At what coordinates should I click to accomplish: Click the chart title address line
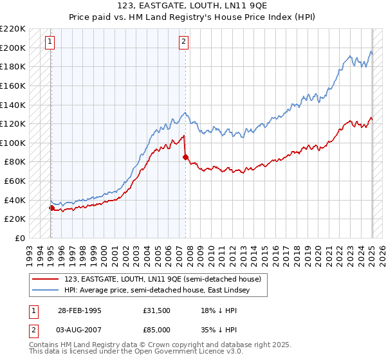click(192, 6)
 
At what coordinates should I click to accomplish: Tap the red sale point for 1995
click(51, 208)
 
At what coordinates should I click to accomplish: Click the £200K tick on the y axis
click(13, 48)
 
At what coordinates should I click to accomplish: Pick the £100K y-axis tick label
click(13, 143)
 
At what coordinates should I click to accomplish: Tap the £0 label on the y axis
click(19, 238)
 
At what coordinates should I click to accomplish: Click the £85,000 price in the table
click(156, 329)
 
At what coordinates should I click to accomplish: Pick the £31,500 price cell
click(156, 310)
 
